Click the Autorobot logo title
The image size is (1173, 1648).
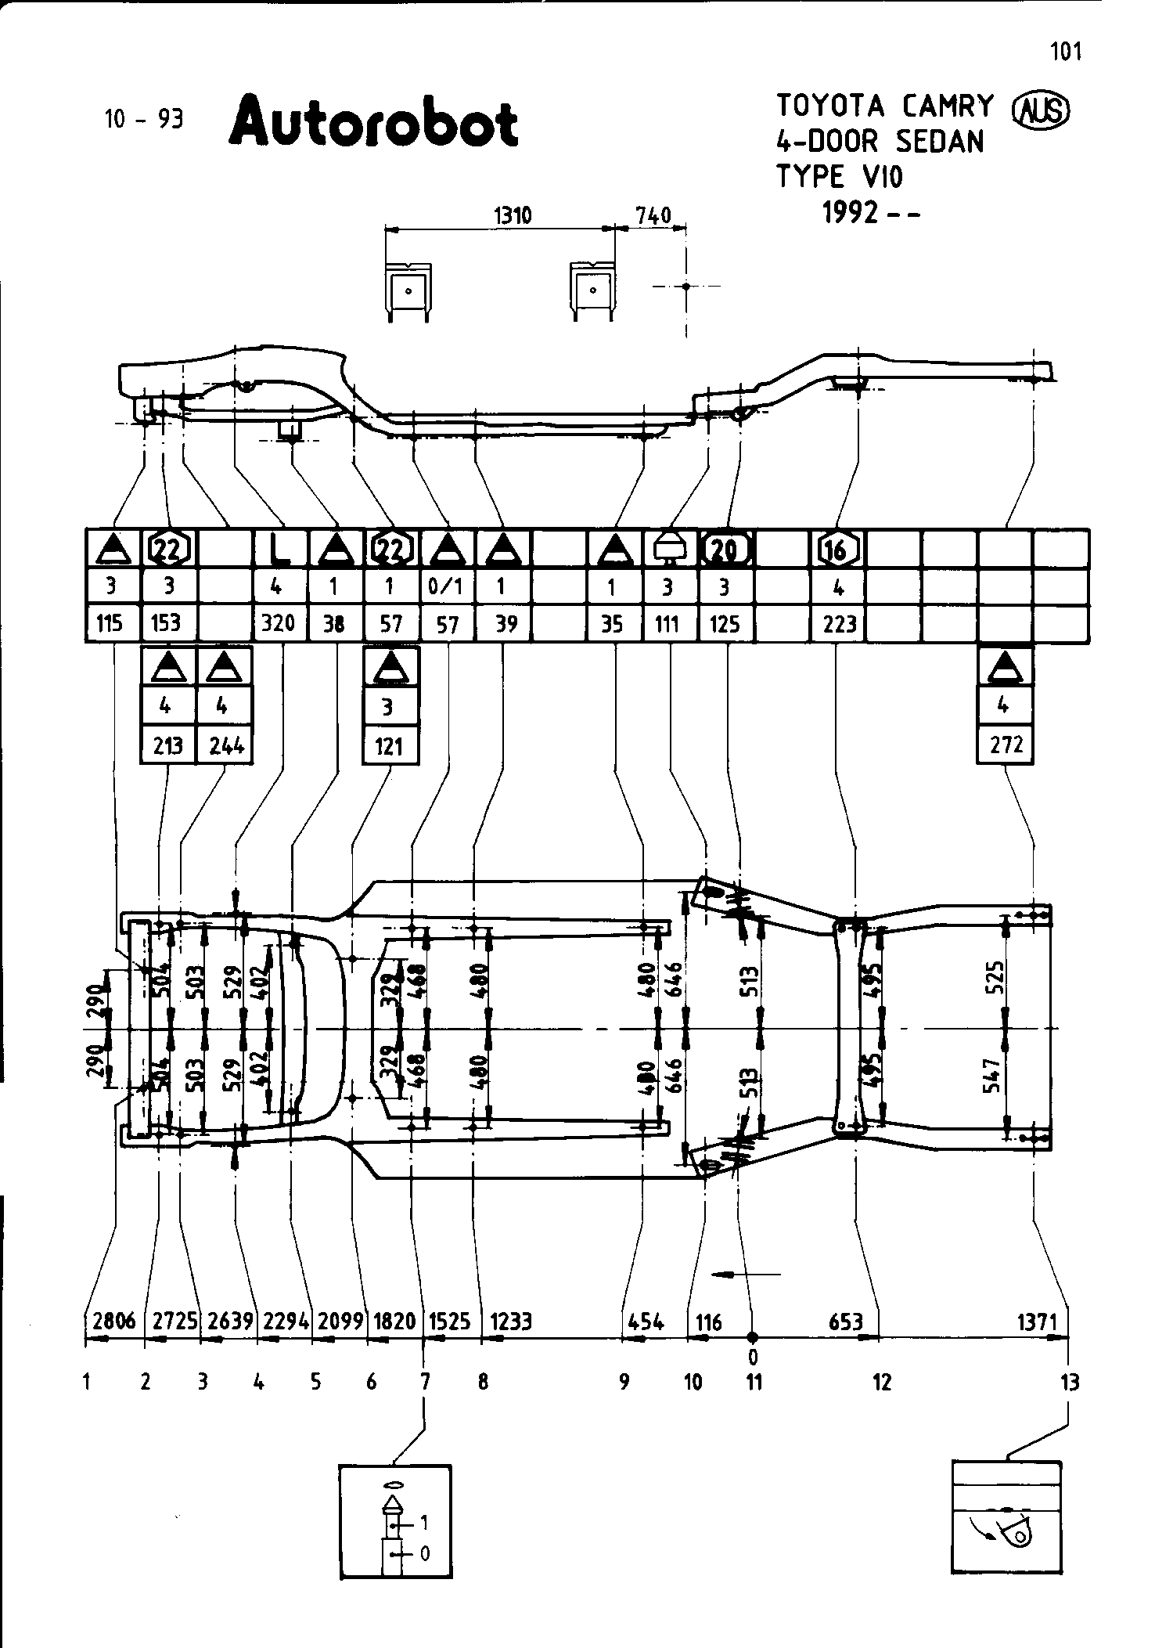373,122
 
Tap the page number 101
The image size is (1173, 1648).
1066,52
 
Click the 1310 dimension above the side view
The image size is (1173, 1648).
513,215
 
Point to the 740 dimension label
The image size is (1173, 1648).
653,215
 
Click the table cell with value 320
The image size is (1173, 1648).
278,623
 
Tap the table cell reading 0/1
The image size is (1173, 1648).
447,586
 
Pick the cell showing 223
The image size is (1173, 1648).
839,624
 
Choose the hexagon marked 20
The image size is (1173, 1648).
726,550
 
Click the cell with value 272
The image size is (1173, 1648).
1006,744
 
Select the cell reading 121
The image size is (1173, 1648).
389,745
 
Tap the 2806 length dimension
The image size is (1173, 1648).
113,1322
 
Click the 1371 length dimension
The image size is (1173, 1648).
1037,1322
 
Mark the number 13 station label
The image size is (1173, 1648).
1069,1383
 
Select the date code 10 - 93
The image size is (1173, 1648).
143,119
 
